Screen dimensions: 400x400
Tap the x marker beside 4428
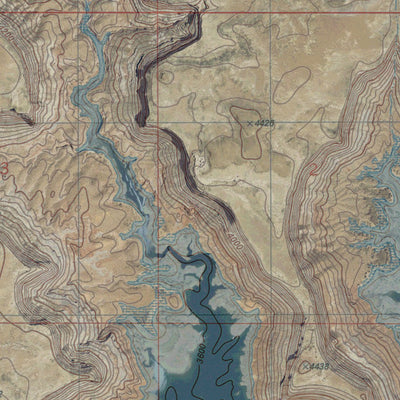coord(246,121)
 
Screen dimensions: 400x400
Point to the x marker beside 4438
coord(305,367)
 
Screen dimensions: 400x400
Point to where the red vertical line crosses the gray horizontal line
coord(158,122)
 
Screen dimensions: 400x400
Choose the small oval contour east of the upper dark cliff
coord(166,75)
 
